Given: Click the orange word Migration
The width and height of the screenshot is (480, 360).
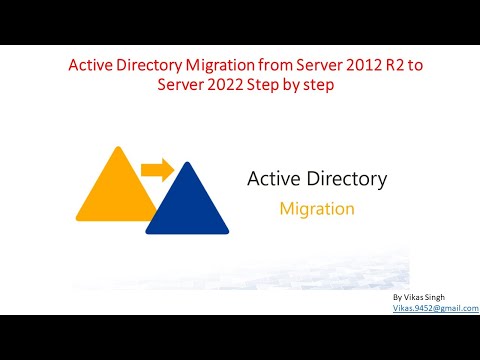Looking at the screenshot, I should [316, 210].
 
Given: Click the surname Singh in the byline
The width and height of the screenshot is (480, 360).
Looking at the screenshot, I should [448, 298].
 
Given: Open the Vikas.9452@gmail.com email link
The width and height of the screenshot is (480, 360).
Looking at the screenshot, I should [435, 309].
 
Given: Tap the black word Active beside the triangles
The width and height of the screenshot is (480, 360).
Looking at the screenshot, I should [273, 180].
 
